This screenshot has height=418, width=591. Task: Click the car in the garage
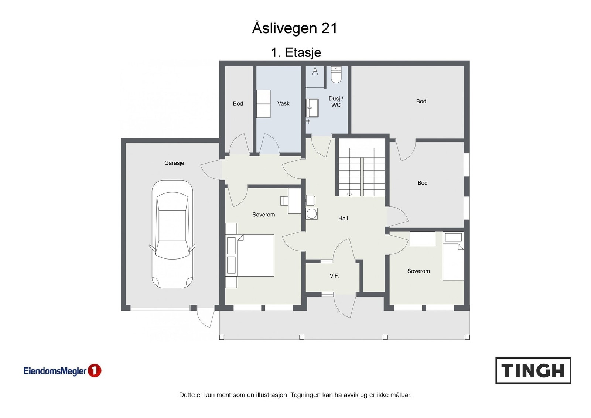pyautogui.click(x=172, y=234)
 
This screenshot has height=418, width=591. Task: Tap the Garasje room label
pyautogui.click(x=174, y=163)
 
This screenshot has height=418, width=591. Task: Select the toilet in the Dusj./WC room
pyautogui.click(x=336, y=75)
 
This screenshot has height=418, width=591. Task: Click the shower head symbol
pyautogui.click(x=315, y=71)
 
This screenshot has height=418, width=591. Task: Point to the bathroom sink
pyautogui.click(x=312, y=108)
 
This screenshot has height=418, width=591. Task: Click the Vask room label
pyautogui.click(x=283, y=104)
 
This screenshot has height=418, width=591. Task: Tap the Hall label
pyautogui.click(x=343, y=218)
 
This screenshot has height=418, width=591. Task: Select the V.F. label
pyautogui.click(x=334, y=276)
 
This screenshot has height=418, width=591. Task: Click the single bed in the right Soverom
pyautogui.click(x=453, y=256)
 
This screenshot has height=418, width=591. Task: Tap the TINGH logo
pyautogui.click(x=533, y=370)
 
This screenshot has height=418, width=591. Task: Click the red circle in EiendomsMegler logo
pyautogui.click(x=95, y=370)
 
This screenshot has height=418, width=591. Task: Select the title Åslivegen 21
pyautogui.click(x=295, y=28)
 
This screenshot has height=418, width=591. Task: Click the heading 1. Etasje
pyautogui.click(x=296, y=53)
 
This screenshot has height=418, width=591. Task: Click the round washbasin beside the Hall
pyautogui.click(x=312, y=213)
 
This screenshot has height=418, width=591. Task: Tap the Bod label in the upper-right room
pyautogui.click(x=421, y=101)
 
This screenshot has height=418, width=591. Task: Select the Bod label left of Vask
pyautogui.click(x=238, y=104)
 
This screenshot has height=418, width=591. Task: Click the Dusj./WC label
pyautogui.click(x=336, y=102)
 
